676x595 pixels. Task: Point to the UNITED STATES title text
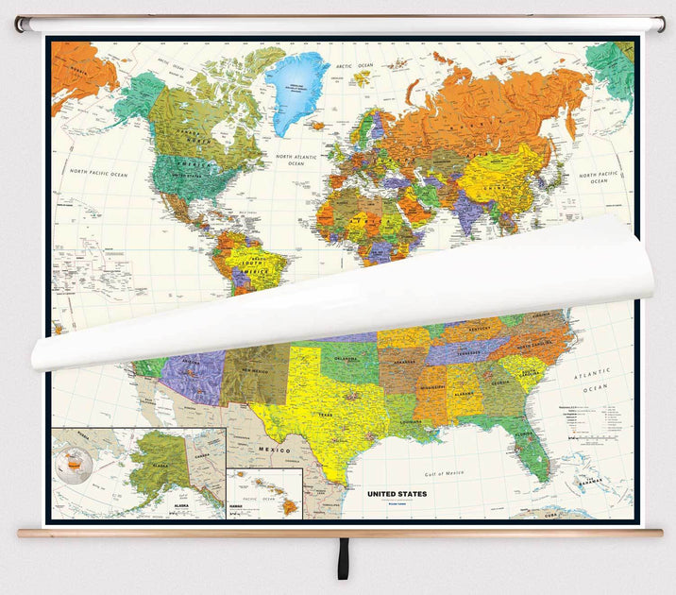coord(397,493)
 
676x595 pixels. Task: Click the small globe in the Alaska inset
coord(74,461)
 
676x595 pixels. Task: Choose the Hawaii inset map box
coord(264,493)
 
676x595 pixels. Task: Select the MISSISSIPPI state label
coord(431,387)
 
